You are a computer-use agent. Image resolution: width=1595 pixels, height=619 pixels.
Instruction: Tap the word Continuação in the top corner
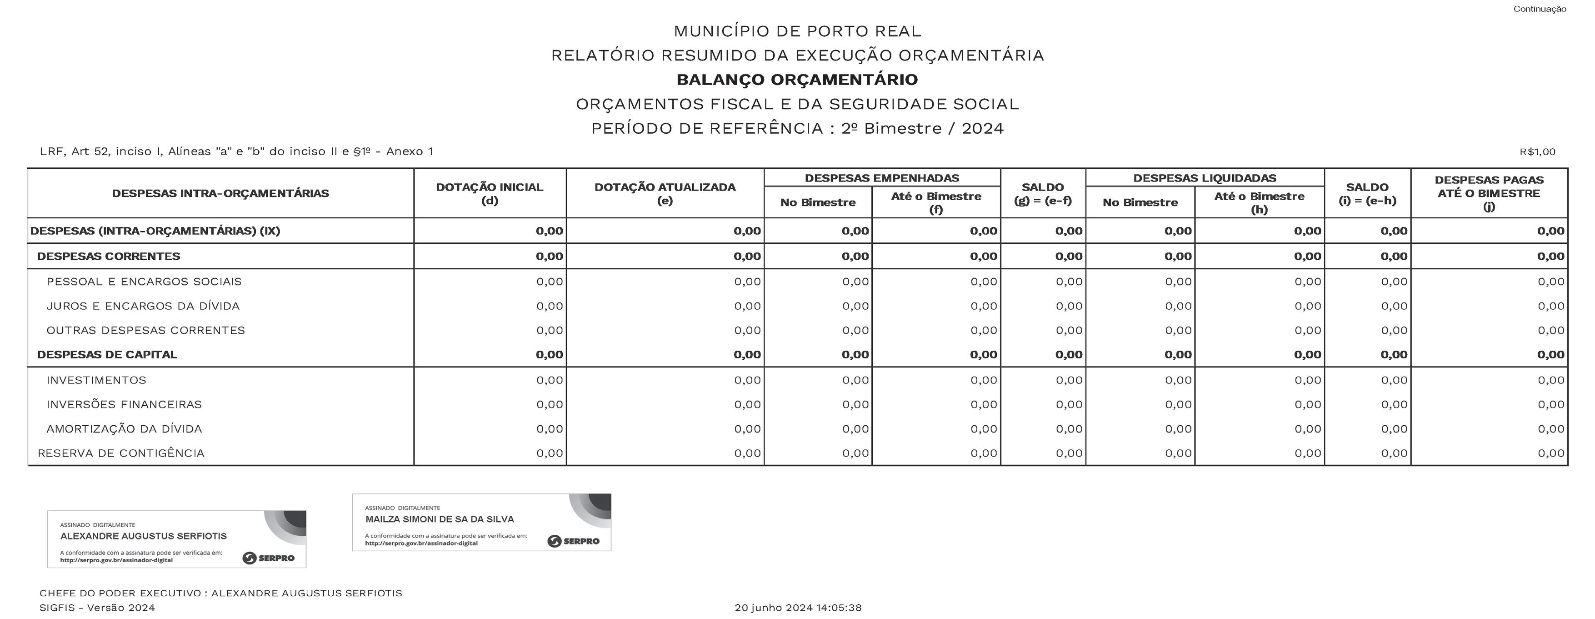tap(1539, 9)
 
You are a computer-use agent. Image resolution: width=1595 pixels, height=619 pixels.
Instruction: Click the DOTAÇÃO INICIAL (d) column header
tap(489, 193)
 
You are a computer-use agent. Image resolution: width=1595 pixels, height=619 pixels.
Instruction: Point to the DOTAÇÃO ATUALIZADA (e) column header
tap(665, 193)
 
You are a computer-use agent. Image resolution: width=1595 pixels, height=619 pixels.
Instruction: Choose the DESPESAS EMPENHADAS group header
tap(882, 178)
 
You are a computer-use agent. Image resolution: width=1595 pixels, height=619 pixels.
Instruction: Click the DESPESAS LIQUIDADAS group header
tap(1204, 178)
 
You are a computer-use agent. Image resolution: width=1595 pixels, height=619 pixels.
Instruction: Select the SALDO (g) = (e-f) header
tap(1043, 193)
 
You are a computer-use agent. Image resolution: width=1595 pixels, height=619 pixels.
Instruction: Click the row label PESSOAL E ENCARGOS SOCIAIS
tap(144, 282)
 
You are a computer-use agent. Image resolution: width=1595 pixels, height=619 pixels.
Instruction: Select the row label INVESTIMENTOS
tap(96, 380)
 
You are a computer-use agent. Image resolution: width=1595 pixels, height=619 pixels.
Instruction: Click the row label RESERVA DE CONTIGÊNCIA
tap(121, 453)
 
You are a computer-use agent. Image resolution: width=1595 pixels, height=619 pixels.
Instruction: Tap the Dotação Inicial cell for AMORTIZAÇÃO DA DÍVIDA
tap(549, 429)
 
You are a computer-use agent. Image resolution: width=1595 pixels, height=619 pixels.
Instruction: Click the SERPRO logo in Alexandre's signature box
tap(269, 558)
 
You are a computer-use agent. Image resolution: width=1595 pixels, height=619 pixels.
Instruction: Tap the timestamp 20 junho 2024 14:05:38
tap(797, 608)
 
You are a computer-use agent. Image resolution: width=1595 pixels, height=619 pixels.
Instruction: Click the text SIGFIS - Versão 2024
tap(97, 608)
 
